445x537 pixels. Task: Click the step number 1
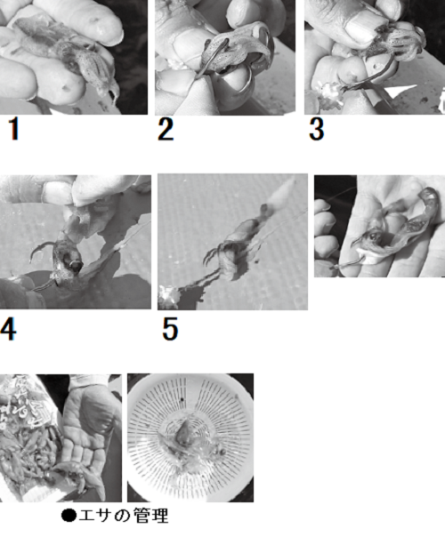(x=13, y=128)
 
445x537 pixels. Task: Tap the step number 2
(x=166, y=128)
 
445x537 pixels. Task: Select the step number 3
(x=317, y=128)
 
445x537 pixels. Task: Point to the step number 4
(x=8, y=329)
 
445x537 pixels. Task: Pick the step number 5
(x=170, y=329)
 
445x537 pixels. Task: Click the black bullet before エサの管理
(x=69, y=516)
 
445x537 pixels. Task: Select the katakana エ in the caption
(x=87, y=516)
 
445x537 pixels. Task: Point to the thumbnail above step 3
(x=375, y=57)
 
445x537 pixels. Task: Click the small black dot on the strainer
(x=182, y=399)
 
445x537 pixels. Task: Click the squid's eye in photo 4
(x=76, y=265)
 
